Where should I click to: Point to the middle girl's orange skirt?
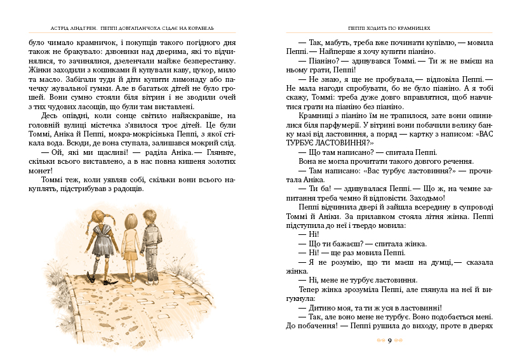point(130,252)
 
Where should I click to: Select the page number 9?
point(389,341)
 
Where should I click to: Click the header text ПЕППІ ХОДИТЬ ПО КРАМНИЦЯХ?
point(389,28)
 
